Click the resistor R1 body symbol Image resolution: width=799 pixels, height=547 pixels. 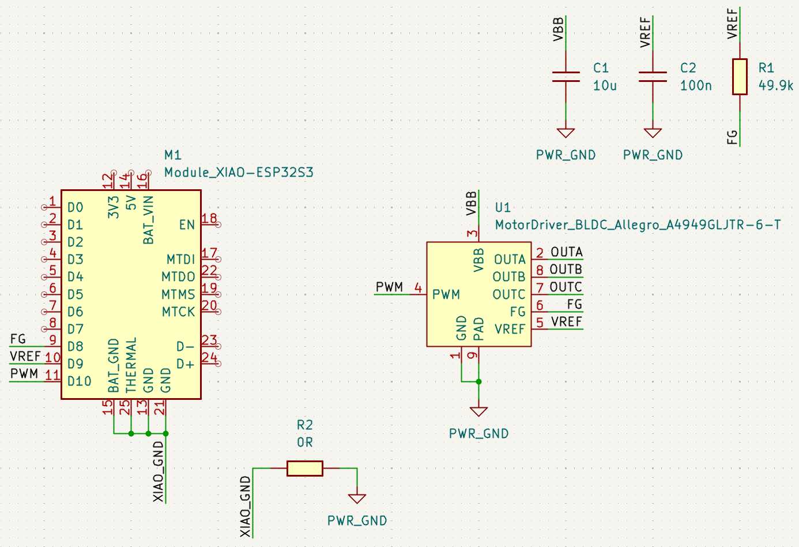click(x=740, y=77)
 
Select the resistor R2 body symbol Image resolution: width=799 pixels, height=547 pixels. click(x=304, y=469)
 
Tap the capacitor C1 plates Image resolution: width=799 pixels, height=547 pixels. click(x=566, y=77)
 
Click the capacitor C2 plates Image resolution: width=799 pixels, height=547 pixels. click(x=653, y=77)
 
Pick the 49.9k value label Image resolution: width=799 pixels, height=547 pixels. click(x=775, y=85)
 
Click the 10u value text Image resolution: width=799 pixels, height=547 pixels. click(x=605, y=85)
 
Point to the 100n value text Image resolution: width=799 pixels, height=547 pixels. click(x=695, y=85)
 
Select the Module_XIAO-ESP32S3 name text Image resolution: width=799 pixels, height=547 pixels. click(x=239, y=173)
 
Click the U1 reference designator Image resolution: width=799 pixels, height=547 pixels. click(x=503, y=208)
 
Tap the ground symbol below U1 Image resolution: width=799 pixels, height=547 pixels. click(x=478, y=411)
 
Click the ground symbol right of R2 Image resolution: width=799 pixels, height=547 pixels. click(x=357, y=498)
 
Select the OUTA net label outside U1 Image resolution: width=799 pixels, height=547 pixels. click(x=566, y=252)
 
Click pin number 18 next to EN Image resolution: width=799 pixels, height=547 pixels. click(x=209, y=219)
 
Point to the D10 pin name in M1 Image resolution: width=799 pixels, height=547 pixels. click(x=79, y=381)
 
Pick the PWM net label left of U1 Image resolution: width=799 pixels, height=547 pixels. click(x=389, y=287)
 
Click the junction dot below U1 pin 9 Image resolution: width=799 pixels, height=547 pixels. click(x=478, y=381)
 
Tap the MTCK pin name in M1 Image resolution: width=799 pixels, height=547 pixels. click(x=178, y=312)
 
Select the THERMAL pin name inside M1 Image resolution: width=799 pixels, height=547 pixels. click(x=131, y=365)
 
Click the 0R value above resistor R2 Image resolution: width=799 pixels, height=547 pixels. click(x=304, y=443)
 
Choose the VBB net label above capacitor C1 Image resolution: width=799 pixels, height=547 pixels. click(x=558, y=29)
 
